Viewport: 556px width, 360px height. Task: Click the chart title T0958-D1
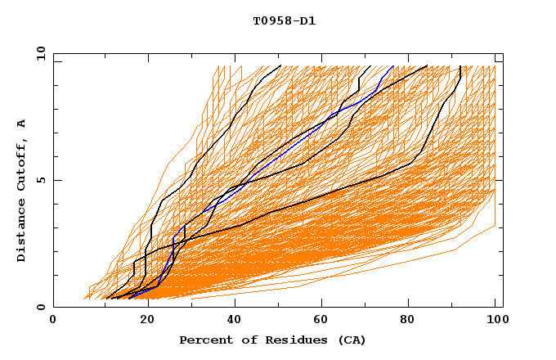[x=285, y=21]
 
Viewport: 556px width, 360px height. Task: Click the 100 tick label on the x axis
[x=495, y=320]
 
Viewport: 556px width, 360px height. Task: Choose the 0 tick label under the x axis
[x=54, y=320]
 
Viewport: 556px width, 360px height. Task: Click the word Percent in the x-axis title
[x=203, y=340]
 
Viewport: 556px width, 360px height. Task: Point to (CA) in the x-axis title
[x=346, y=340]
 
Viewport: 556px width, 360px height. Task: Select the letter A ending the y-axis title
[x=22, y=123]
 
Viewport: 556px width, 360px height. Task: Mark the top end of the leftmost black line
[x=280, y=65]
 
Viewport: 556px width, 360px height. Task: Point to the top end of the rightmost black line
[x=460, y=65]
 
